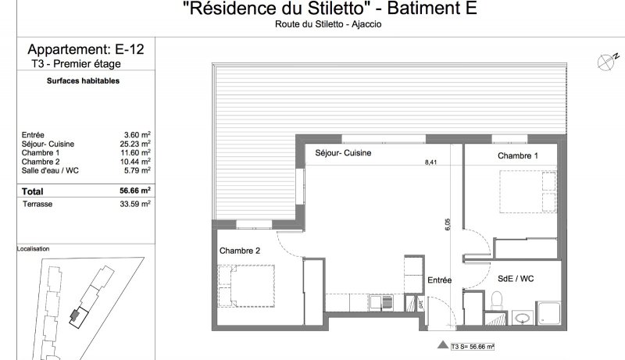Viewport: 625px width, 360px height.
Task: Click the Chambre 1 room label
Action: click(x=518, y=155)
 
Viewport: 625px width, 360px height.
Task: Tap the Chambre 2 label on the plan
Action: click(x=240, y=251)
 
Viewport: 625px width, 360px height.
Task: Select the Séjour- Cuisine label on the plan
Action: click(x=343, y=153)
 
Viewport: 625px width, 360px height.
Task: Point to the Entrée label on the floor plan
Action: click(x=440, y=280)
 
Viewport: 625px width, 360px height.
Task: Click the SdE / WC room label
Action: click(x=516, y=279)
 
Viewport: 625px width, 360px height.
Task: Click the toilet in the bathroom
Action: click(x=497, y=300)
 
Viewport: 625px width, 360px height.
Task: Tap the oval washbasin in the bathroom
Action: click(x=522, y=318)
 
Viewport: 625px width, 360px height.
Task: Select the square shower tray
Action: click(x=549, y=313)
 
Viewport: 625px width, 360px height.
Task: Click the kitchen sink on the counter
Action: click(x=380, y=303)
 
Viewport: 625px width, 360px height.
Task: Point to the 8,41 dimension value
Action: click(x=430, y=162)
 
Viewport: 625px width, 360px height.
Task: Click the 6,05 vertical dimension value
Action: click(x=447, y=224)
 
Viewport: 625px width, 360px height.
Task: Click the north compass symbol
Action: click(x=607, y=62)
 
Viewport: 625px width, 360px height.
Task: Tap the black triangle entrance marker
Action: click(x=443, y=345)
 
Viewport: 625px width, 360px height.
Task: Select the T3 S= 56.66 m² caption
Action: click(x=473, y=347)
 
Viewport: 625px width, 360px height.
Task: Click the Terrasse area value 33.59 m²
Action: click(x=135, y=204)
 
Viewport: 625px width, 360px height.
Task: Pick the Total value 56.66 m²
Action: click(x=135, y=191)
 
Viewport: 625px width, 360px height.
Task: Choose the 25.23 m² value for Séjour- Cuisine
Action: click(x=135, y=144)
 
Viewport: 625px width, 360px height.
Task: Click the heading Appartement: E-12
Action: click(x=86, y=49)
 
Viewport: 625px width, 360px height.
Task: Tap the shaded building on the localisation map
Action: click(x=75, y=315)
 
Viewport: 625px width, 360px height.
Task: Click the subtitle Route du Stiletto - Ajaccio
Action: click(x=328, y=24)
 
